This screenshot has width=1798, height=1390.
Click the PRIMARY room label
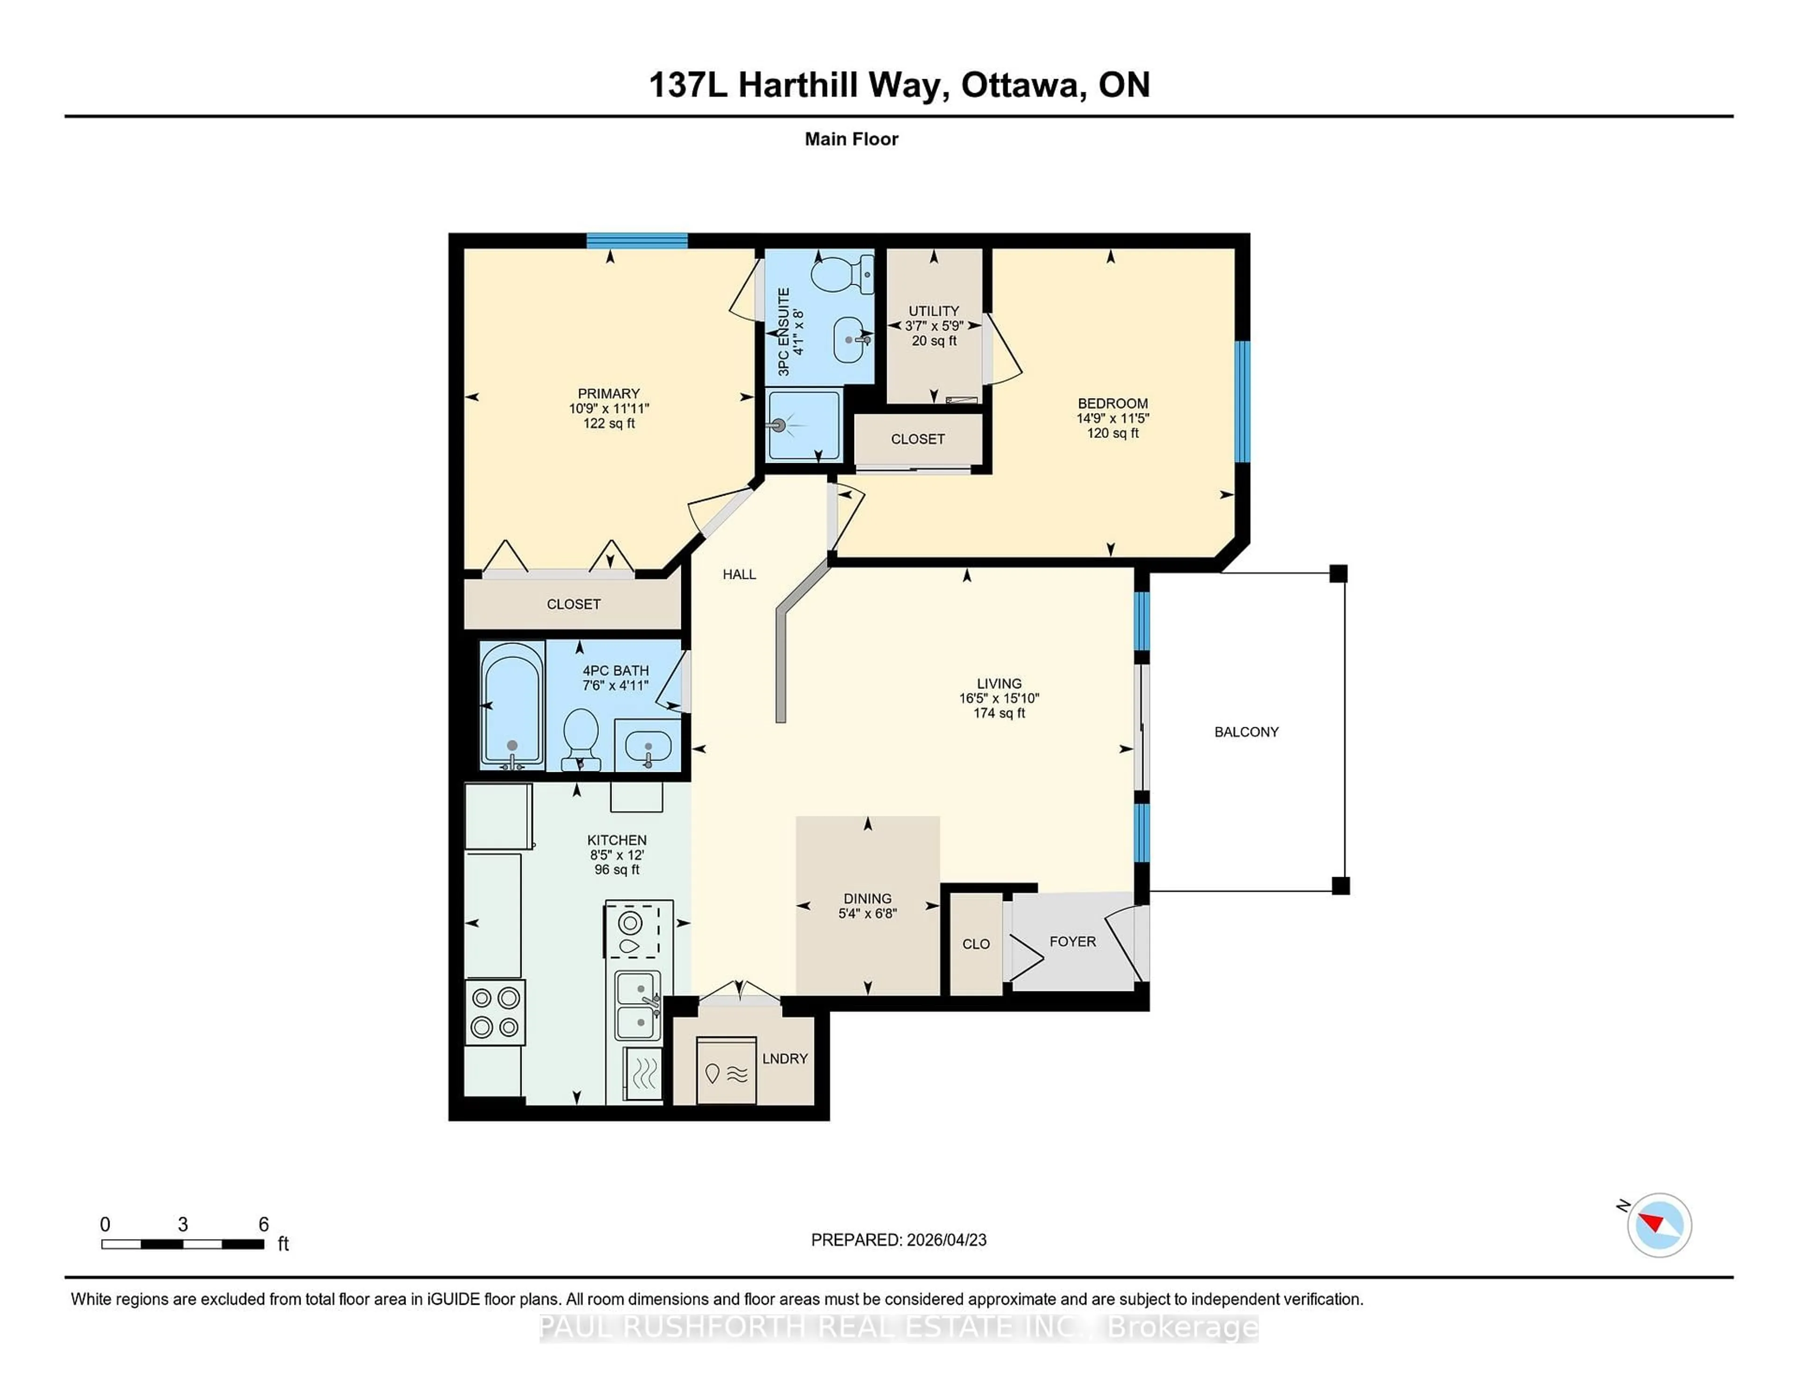608,393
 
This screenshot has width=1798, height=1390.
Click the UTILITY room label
934,311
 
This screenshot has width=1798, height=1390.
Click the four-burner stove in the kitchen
495,1012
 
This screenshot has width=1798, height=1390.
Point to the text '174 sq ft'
999,713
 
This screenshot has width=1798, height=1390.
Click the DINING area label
867,898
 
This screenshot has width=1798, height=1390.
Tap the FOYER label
1072,941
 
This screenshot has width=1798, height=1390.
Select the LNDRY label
785,1058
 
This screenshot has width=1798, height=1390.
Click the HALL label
738,575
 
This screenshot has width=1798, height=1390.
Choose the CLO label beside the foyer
976,944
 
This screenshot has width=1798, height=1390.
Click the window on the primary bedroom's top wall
636,240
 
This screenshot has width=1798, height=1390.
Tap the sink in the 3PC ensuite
850,339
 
